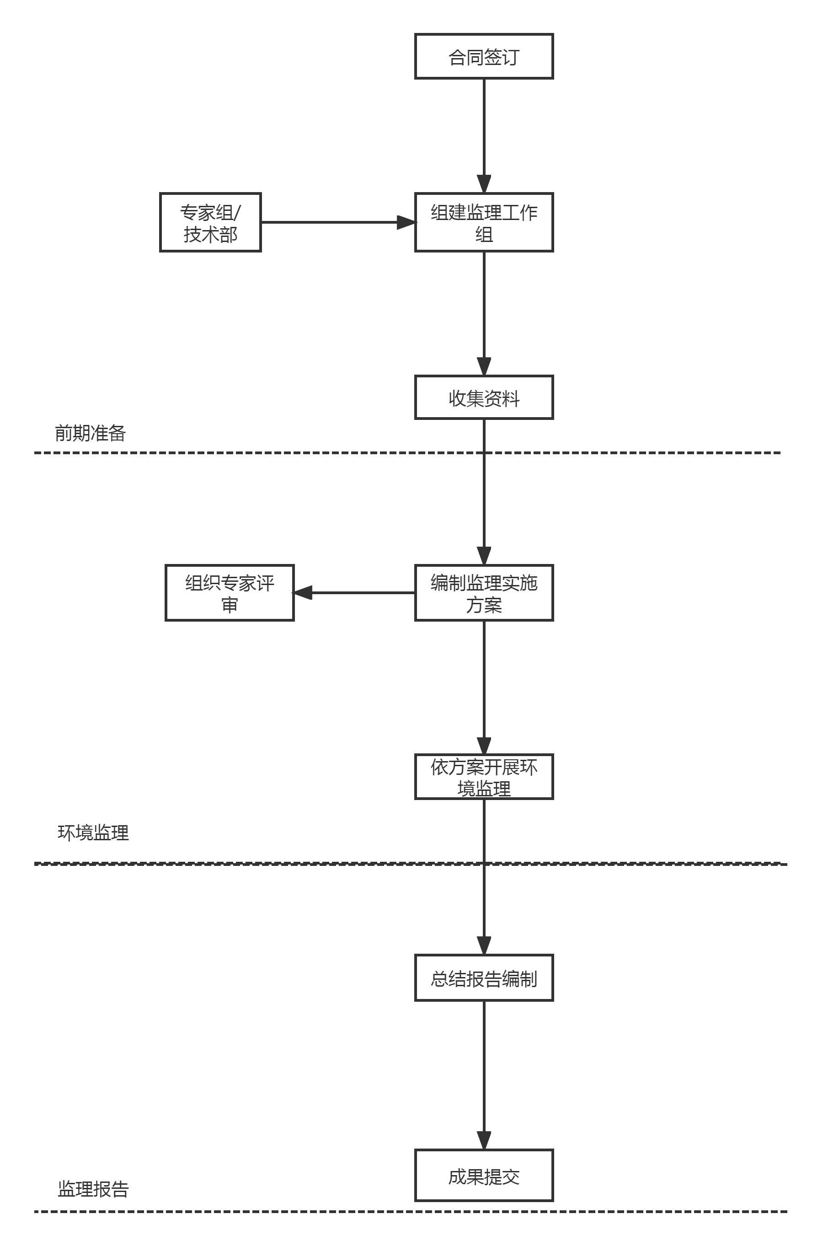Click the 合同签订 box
(x=483, y=57)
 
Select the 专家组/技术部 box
(x=210, y=223)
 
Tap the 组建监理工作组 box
(x=483, y=223)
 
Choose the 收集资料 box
(x=483, y=397)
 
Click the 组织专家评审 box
(x=230, y=593)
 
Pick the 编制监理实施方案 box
(x=483, y=593)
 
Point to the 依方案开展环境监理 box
(x=483, y=777)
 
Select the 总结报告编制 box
(x=483, y=977)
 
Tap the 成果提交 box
(x=483, y=1175)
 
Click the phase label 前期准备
(x=90, y=433)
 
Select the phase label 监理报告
(x=93, y=1189)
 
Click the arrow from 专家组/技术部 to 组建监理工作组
(x=336, y=222)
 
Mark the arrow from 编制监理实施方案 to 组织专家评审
(x=357, y=593)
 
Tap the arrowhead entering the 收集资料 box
(x=484, y=366)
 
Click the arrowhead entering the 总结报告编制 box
(x=484, y=945)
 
